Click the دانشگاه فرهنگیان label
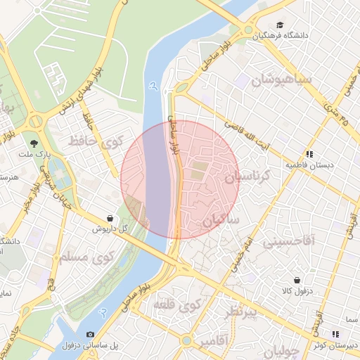pos(283,35)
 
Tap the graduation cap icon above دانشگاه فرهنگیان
pos(281,24)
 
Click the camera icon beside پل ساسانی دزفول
pos(90,334)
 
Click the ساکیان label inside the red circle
pos(221,221)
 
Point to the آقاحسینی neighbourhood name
pos(289,243)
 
